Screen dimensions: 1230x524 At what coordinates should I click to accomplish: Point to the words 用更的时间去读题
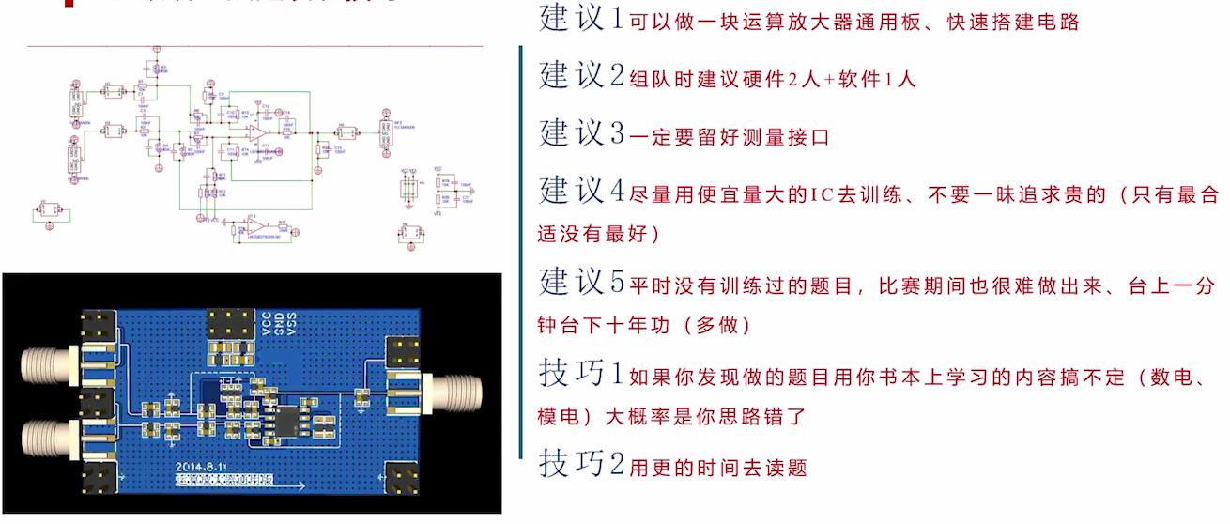tap(718, 468)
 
